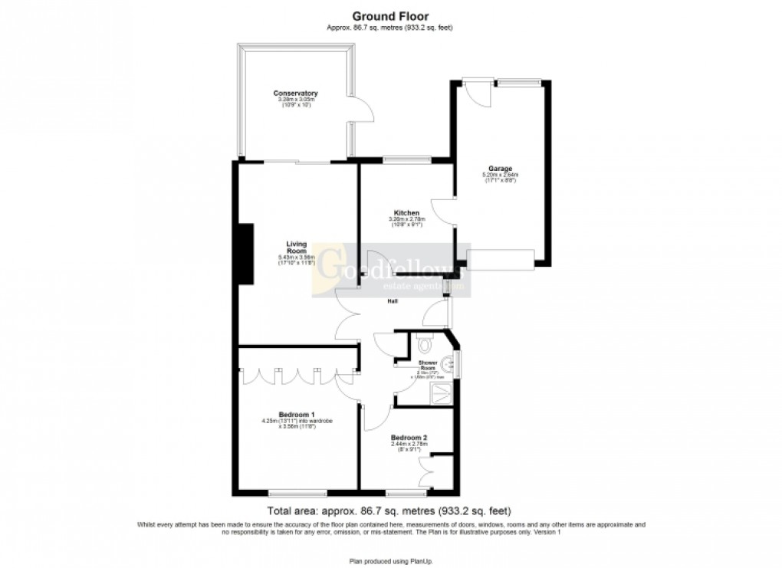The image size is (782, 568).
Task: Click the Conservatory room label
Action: [x=295, y=94]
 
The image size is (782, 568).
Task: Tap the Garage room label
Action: [x=500, y=169]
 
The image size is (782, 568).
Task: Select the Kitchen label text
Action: [x=406, y=212]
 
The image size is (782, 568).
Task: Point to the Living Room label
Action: [x=297, y=248]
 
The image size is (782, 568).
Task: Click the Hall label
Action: [x=392, y=302]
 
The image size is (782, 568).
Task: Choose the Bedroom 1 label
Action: [x=296, y=414]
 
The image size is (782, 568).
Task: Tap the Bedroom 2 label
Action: [x=409, y=438]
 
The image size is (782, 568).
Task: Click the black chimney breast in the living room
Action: [x=245, y=254]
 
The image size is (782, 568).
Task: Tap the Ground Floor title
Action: [x=390, y=15]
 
